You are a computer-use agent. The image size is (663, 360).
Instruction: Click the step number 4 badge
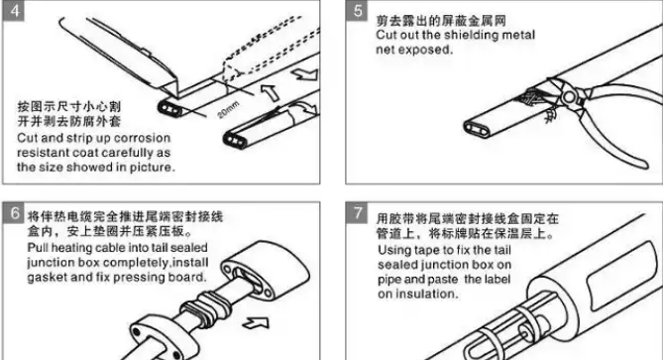pos(14,10)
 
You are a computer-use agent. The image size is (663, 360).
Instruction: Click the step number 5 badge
pos(357,10)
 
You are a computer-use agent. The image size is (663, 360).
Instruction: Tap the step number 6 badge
pos(14,213)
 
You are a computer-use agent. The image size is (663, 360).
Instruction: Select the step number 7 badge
pos(357,213)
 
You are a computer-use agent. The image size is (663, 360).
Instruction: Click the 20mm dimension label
pos(229,109)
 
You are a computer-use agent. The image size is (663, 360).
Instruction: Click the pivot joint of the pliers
pos(569,97)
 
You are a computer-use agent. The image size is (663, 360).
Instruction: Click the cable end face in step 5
pos(478,129)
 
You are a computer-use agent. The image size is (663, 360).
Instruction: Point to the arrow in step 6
pos(256,323)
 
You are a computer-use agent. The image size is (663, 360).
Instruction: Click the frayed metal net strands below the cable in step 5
pos(550,115)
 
